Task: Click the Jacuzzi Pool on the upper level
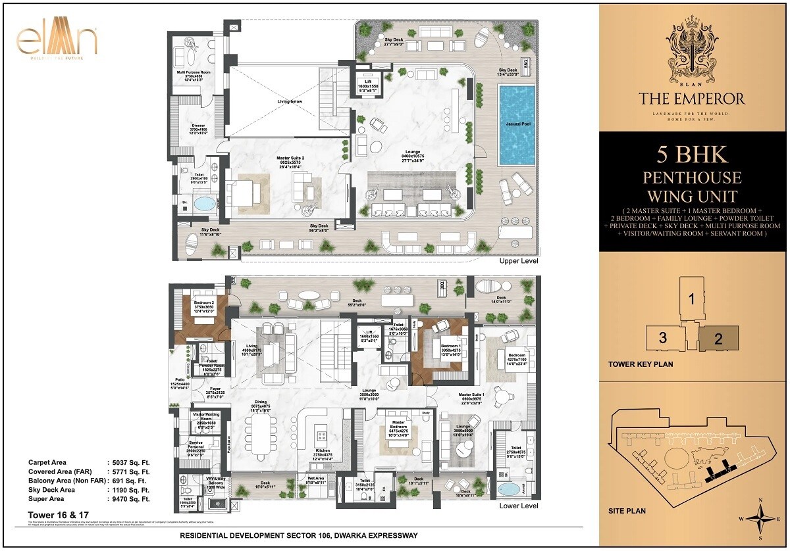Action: [x=517, y=124]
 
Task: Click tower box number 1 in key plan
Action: [x=691, y=299]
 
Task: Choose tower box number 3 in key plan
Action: [x=663, y=338]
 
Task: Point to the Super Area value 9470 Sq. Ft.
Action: [x=130, y=499]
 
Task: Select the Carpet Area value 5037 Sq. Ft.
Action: [x=130, y=462]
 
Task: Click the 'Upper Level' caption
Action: [x=519, y=260]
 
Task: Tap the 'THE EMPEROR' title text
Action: [x=691, y=99]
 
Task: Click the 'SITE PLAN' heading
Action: [x=627, y=511]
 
